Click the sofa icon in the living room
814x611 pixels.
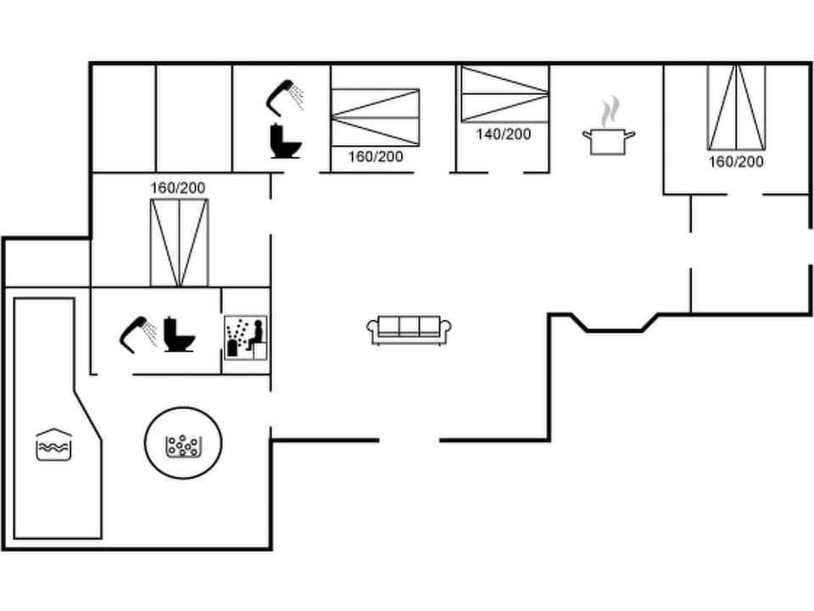tap(409, 330)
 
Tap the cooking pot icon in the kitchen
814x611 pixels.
tap(608, 140)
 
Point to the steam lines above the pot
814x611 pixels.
tap(610, 110)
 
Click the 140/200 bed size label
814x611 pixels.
tap(503, 134)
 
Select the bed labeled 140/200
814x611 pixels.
tap(504, 94)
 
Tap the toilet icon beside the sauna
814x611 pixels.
tap(178, 334)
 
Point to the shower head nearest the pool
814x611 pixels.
tap(137, 334)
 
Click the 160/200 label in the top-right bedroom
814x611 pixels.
tap(736, 161)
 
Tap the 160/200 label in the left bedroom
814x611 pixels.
tap(178, 188)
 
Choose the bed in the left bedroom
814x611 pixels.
tap(179, 243)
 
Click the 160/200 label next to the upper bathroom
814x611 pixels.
tap(375, 156)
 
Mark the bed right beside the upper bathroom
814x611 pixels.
tap(375, 117)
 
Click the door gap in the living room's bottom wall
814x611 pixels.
tap(409, 440)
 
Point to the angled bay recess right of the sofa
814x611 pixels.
tap(617, 323)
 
